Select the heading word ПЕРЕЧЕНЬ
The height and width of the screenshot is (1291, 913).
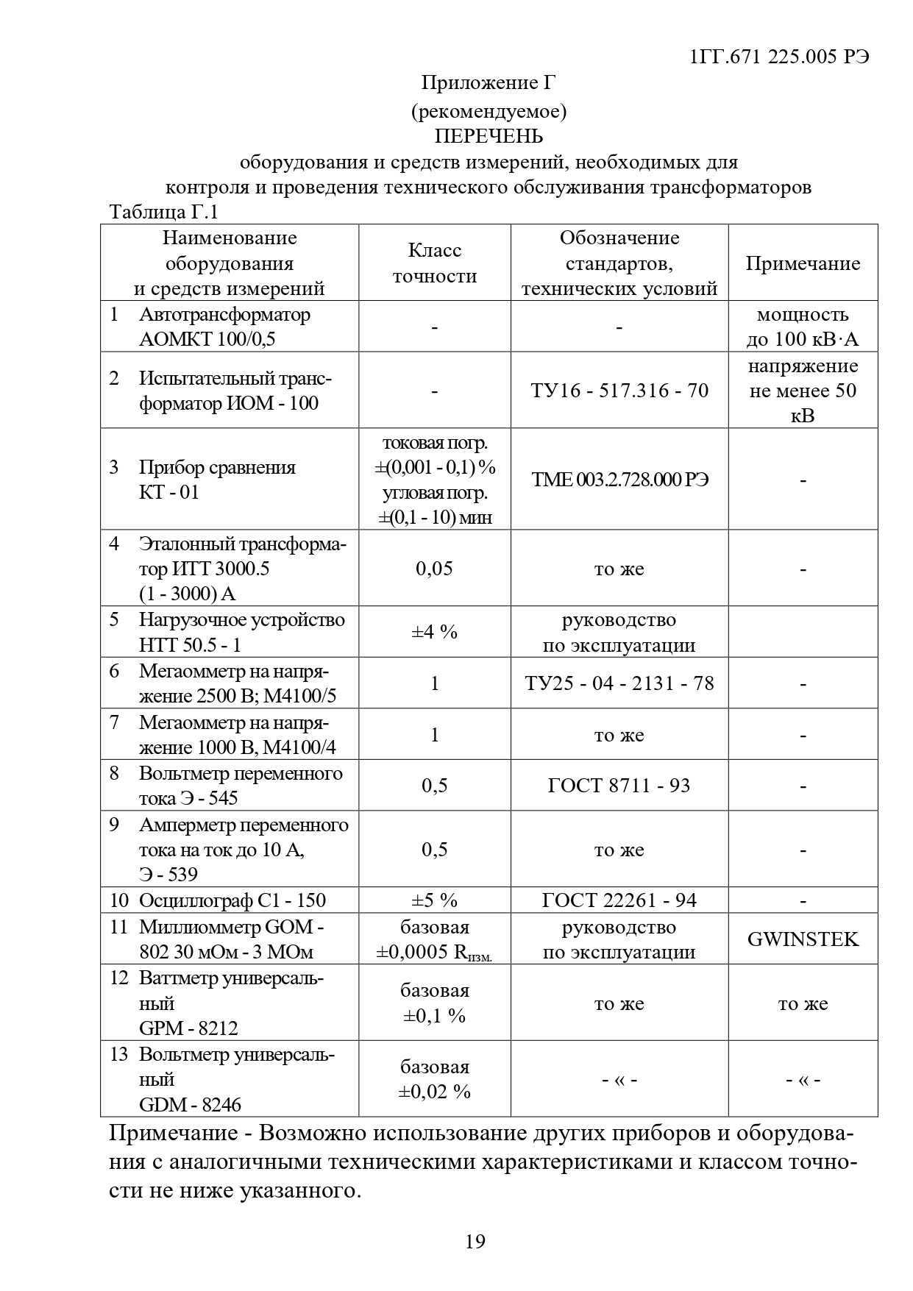(x=489, y=137)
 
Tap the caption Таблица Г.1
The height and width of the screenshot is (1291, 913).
(x=164, y=213)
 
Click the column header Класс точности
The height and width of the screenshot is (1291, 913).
(x=435, y=263)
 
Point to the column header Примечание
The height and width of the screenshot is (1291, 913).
(x=803, y=264)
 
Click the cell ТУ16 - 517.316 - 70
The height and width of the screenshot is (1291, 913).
(x=619, y=390)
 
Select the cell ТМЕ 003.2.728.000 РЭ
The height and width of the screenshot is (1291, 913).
(x=619, y=480)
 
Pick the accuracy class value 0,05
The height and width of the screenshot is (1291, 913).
(x=435, y=569)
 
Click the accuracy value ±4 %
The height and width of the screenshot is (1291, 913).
(x=435, y=632)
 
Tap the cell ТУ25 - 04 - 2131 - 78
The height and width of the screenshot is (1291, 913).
(x=619, y=683)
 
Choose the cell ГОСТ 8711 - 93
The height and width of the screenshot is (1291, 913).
(x=619, y=786)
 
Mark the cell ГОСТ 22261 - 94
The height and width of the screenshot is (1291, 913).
(x=619, y=900)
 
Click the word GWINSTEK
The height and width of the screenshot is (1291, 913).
(x=803, y=939)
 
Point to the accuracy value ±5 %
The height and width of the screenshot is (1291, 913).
(x=435, y=900)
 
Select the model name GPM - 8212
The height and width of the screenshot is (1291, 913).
(x=188, y=1028)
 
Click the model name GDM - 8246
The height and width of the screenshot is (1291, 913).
(x=190, y=1105)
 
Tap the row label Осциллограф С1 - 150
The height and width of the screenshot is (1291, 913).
(x=232, y=900)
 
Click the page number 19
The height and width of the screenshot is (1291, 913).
(x=475, y=1242)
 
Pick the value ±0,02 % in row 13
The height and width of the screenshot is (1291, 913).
(x=435, y=1092)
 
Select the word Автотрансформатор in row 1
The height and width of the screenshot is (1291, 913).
(x=224, y=315)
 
